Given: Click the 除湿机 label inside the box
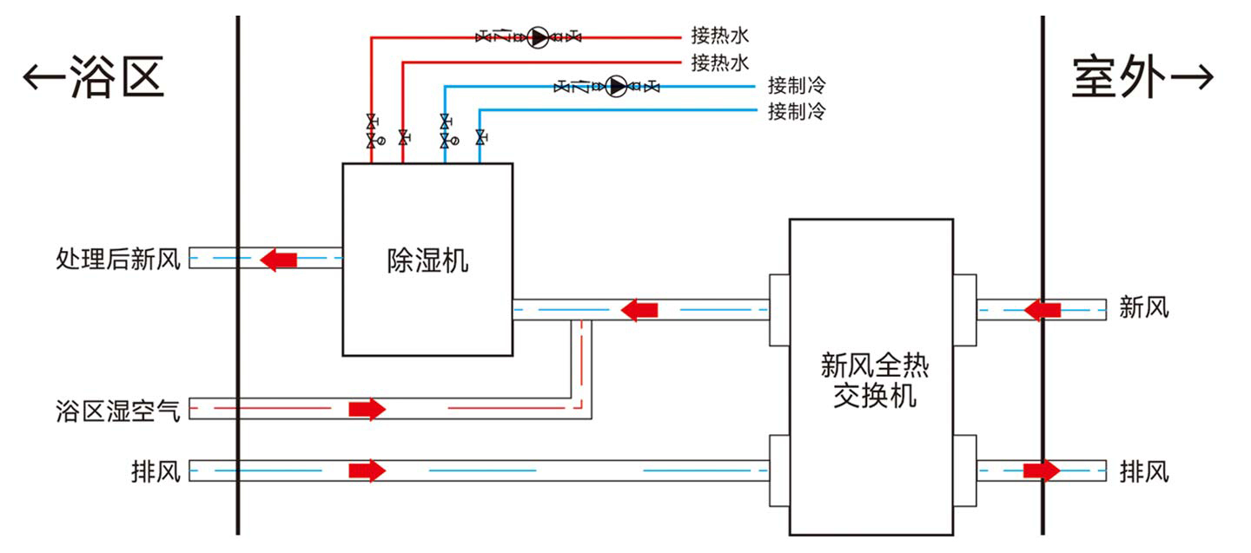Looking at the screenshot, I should click(x=427, y=260).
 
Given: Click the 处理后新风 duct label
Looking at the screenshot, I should click(x=118, y=259).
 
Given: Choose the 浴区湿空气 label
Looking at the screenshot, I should click(x=118, y=409).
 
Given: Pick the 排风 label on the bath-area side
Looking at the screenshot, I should click(x=156, y=471).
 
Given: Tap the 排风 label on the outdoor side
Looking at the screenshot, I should click(x=1144, y=471).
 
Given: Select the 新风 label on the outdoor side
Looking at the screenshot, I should click(x=1144, y=307).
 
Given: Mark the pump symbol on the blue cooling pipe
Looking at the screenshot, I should click(x=617, y=86).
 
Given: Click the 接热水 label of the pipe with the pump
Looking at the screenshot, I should click(x=719, y=36).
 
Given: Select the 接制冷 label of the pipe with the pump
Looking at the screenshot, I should click(x=796, y=86).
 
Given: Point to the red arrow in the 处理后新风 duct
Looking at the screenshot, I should click(x=279, y=259).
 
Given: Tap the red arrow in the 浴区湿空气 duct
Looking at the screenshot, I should click(x=367, y=409).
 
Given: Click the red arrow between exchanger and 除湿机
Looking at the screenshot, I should click(x=640, y=309).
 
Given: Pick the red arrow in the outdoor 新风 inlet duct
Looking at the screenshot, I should click(x=1042, y=309).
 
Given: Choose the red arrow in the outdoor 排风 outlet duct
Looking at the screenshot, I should click(x=1042, y=471).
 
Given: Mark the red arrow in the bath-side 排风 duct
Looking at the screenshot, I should click(x=367, y=471).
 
